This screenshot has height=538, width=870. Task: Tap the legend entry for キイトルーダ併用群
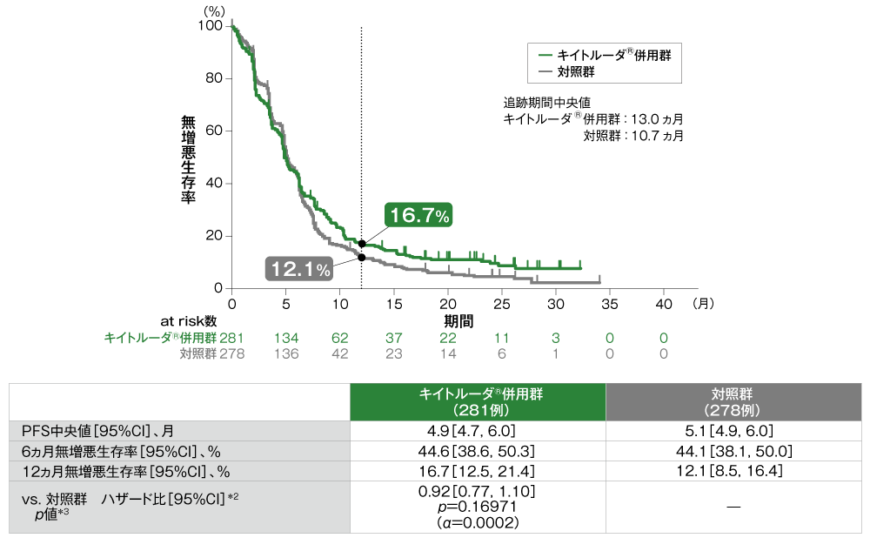pyautogui.click(x=606, y=54)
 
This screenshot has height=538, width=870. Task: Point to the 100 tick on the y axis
pyautogui.click(x=212, y=26)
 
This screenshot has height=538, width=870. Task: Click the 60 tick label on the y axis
pyautogui.click(x=215, y=131)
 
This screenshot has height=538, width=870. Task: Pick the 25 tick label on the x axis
pyautogui.click(x=501, y=304)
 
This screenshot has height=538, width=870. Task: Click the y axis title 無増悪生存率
pyautogui.click(x=188, y=158)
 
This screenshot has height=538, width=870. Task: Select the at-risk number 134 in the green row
pyautogui.click(x=286, y=337)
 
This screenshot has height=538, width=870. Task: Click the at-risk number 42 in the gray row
pyautogui.click(x=340, y=353)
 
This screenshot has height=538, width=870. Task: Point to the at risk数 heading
pyautogui.click(x=187, y=320)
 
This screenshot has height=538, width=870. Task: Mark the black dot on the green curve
pyautogui.click(x=362, y=244)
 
